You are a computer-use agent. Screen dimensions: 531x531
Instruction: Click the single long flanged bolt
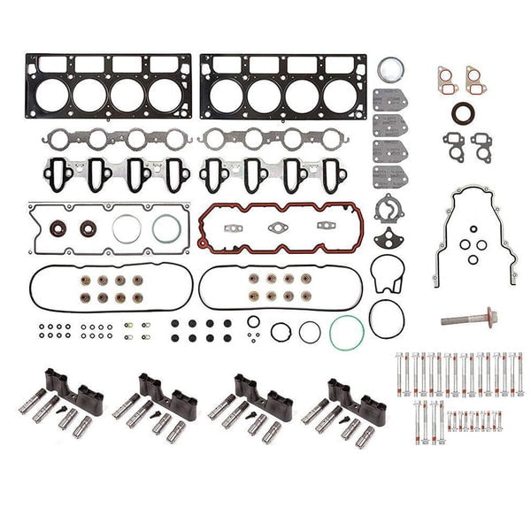tap(467, 317)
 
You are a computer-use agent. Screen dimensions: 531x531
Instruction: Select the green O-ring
tap(346, 333)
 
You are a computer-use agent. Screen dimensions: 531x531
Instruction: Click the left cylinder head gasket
tap(108, 87)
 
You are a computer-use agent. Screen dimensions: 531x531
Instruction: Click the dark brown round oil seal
tap(462, 115)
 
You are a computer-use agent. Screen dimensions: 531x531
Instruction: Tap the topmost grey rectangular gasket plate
tap(389, 99)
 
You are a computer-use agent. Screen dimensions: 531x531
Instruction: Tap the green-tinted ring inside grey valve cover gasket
tap(165, 228)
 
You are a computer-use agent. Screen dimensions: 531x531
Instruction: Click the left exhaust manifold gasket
tap(117, 140)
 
